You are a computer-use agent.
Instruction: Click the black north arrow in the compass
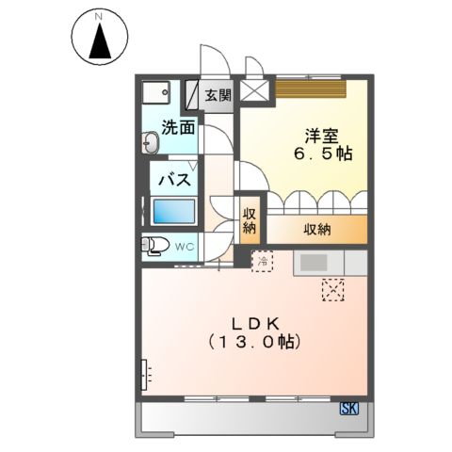[100, 42]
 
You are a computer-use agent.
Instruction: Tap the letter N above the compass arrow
[100, 17]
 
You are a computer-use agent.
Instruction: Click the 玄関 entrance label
[218, 95]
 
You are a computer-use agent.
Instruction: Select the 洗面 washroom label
[178, 128]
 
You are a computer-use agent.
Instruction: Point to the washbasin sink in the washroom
[150, 142]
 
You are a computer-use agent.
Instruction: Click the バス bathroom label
[175, 180]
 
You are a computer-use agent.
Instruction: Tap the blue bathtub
[174, 211]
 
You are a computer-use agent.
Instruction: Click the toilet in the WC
[154, 245]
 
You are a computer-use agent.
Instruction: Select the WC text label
[185, 247]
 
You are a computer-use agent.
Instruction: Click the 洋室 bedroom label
[322, 136]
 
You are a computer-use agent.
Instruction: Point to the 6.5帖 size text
[323, 153]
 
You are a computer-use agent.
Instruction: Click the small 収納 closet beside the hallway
[250, 220]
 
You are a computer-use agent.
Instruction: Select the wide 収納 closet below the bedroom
[317, 230]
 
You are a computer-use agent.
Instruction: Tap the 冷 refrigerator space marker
[262, 261]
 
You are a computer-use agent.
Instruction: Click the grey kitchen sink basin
[314, 263]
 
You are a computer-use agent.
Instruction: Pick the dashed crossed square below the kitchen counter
[333, 290]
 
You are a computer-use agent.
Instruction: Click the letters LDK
[255, 324]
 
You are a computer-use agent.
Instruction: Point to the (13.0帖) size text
[255, 342]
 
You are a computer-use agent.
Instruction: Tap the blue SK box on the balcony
[349, 409]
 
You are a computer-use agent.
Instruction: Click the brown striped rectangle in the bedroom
[311, 89]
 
